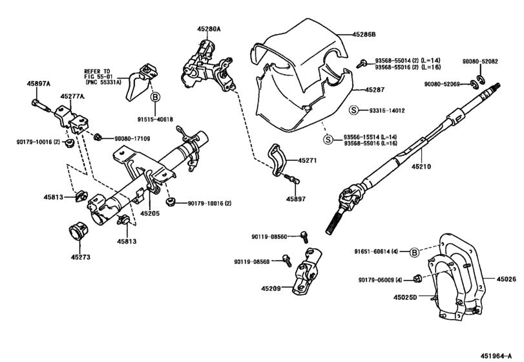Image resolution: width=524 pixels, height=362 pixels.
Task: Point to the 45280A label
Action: (x=209, y=28)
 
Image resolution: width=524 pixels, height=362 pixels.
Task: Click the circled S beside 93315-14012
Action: (x=353, y=111)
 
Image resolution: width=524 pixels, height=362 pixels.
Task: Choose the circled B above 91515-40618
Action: (x=155, y=98)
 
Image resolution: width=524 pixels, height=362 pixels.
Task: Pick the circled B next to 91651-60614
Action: (x=415, y=252)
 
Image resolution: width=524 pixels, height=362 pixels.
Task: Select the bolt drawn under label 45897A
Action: (x=39, y=105)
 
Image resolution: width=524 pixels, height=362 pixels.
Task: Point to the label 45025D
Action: (x=406, y=297)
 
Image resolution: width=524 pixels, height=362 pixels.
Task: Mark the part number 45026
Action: (x=506, y=279)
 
